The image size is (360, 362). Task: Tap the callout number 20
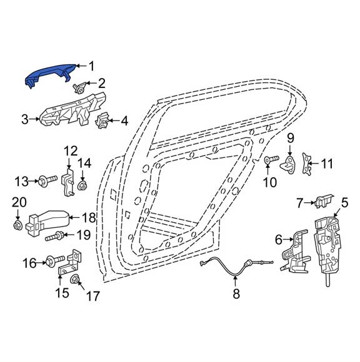click(19, 202)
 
